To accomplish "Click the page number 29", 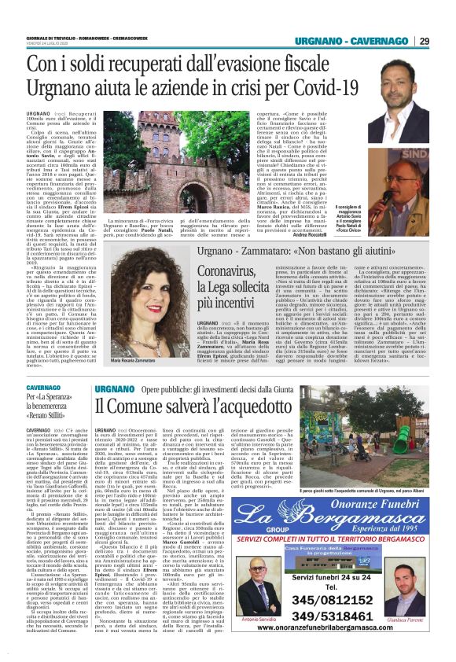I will pos(445,40).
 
